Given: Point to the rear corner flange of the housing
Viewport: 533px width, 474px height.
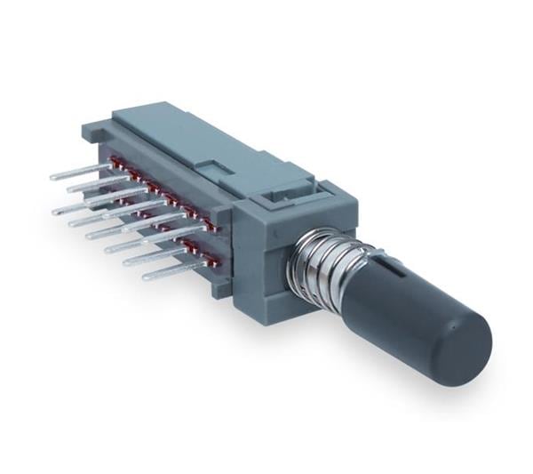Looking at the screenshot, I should [91, 133].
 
